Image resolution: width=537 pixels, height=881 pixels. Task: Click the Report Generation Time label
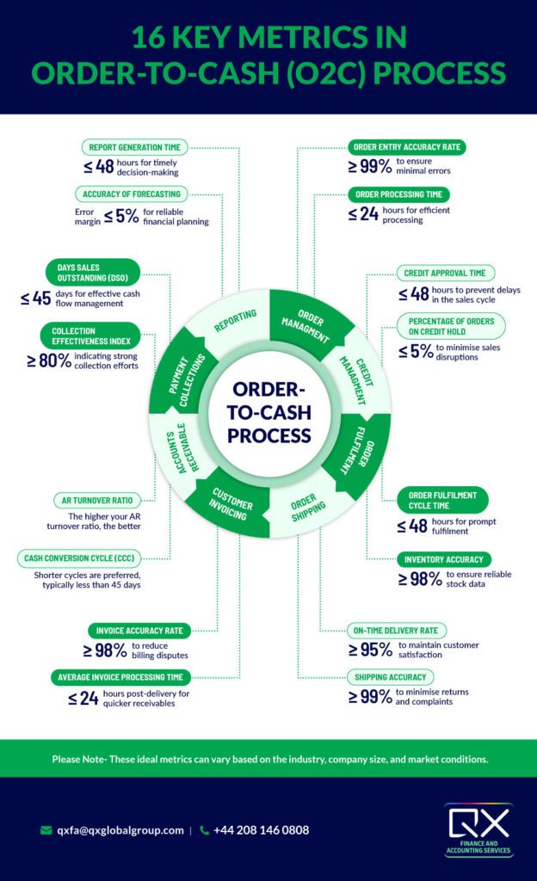[135, 147]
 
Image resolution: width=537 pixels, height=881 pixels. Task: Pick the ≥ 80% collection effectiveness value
[49, 360]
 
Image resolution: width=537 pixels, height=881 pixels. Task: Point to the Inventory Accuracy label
[444, 559]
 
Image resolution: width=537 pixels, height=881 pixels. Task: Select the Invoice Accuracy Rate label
[140, 630]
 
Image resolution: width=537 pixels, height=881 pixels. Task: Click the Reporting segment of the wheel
[236, 317]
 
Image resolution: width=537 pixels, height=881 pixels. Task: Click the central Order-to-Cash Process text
[269, 411]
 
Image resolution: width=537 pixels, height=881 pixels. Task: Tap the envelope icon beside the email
[46, 830]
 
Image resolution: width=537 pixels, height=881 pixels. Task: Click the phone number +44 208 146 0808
[260, 830]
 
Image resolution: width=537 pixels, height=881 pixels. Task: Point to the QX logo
[478, 828]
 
